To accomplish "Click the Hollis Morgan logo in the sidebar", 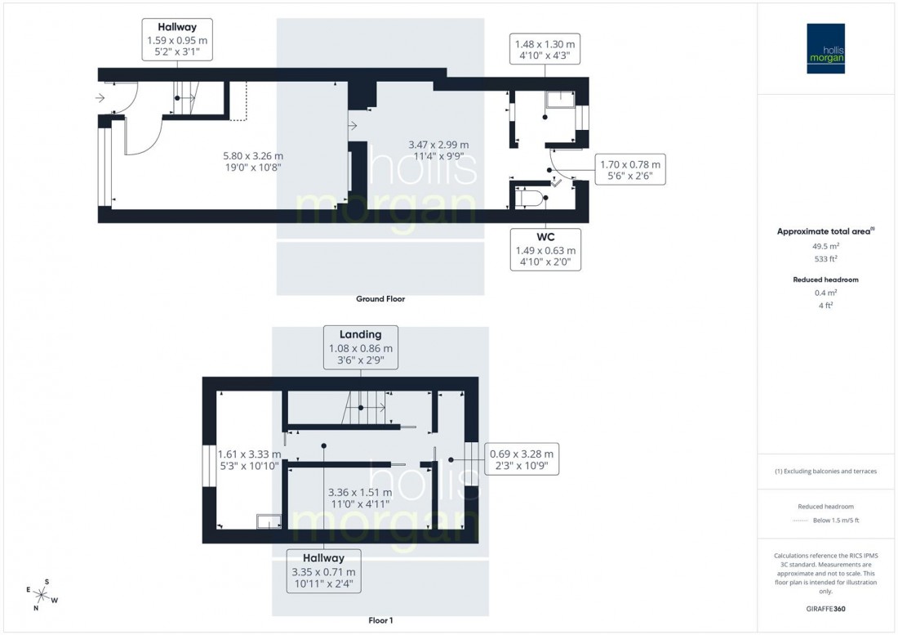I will (825, 48).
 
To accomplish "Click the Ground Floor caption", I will (380, 299).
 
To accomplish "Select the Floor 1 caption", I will (380, 620).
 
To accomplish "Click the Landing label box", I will (361, 347).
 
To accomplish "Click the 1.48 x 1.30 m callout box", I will (543, 50).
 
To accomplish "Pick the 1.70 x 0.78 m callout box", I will (630, 169).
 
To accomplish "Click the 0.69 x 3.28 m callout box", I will (522, 460).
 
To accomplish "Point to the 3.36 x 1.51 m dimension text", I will (359, 499).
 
